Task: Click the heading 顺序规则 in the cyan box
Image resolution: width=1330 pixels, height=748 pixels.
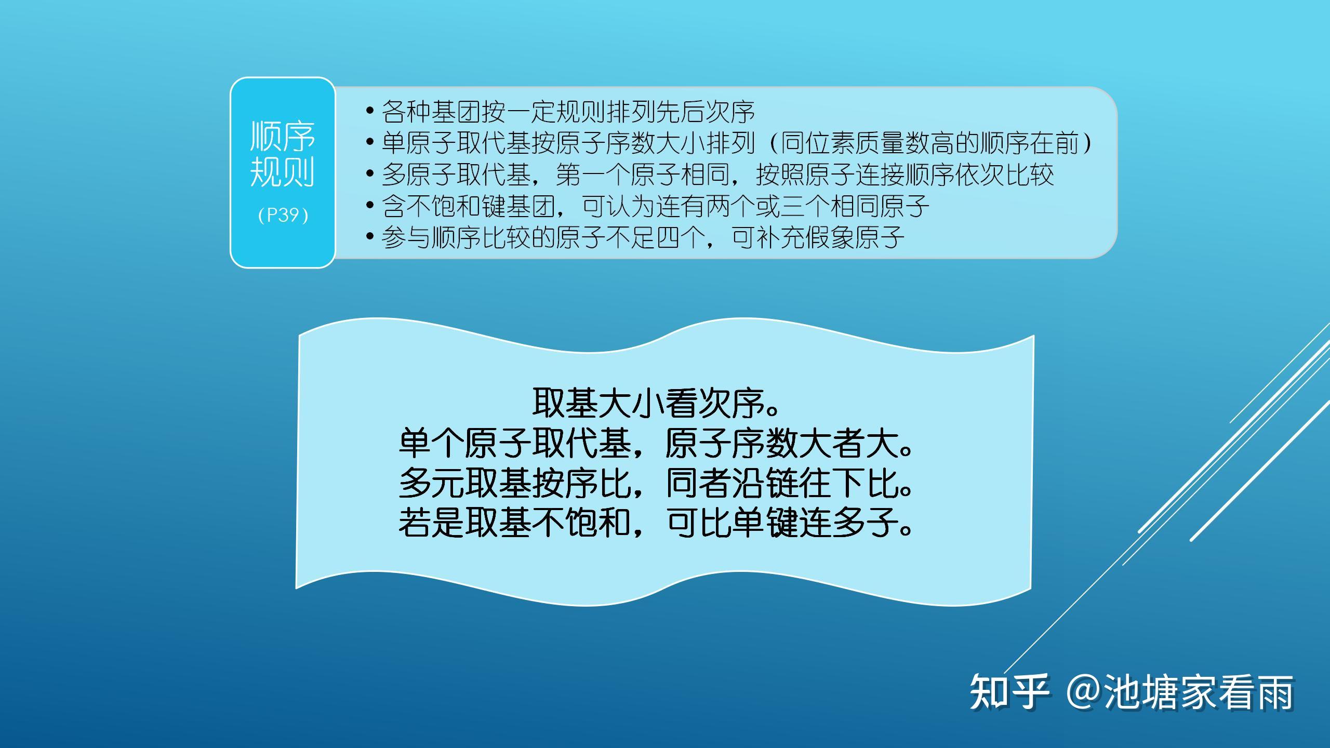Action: [283, 154]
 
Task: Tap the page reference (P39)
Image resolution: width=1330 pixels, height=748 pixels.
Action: [283, 215]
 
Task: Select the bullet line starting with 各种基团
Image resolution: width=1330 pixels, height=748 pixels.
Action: [560, 111]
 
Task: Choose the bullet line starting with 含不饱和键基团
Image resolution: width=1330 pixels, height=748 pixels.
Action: [647, 206]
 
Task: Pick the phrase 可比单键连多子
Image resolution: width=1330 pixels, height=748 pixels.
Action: [789, 522]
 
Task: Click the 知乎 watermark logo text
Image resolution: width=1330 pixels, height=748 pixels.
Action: [1009, 691]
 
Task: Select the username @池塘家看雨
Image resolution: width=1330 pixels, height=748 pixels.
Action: [1179, 691]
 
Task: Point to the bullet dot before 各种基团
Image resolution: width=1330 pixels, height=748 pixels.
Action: [370, 111]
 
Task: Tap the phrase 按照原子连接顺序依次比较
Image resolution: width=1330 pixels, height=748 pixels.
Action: [905, 175]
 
